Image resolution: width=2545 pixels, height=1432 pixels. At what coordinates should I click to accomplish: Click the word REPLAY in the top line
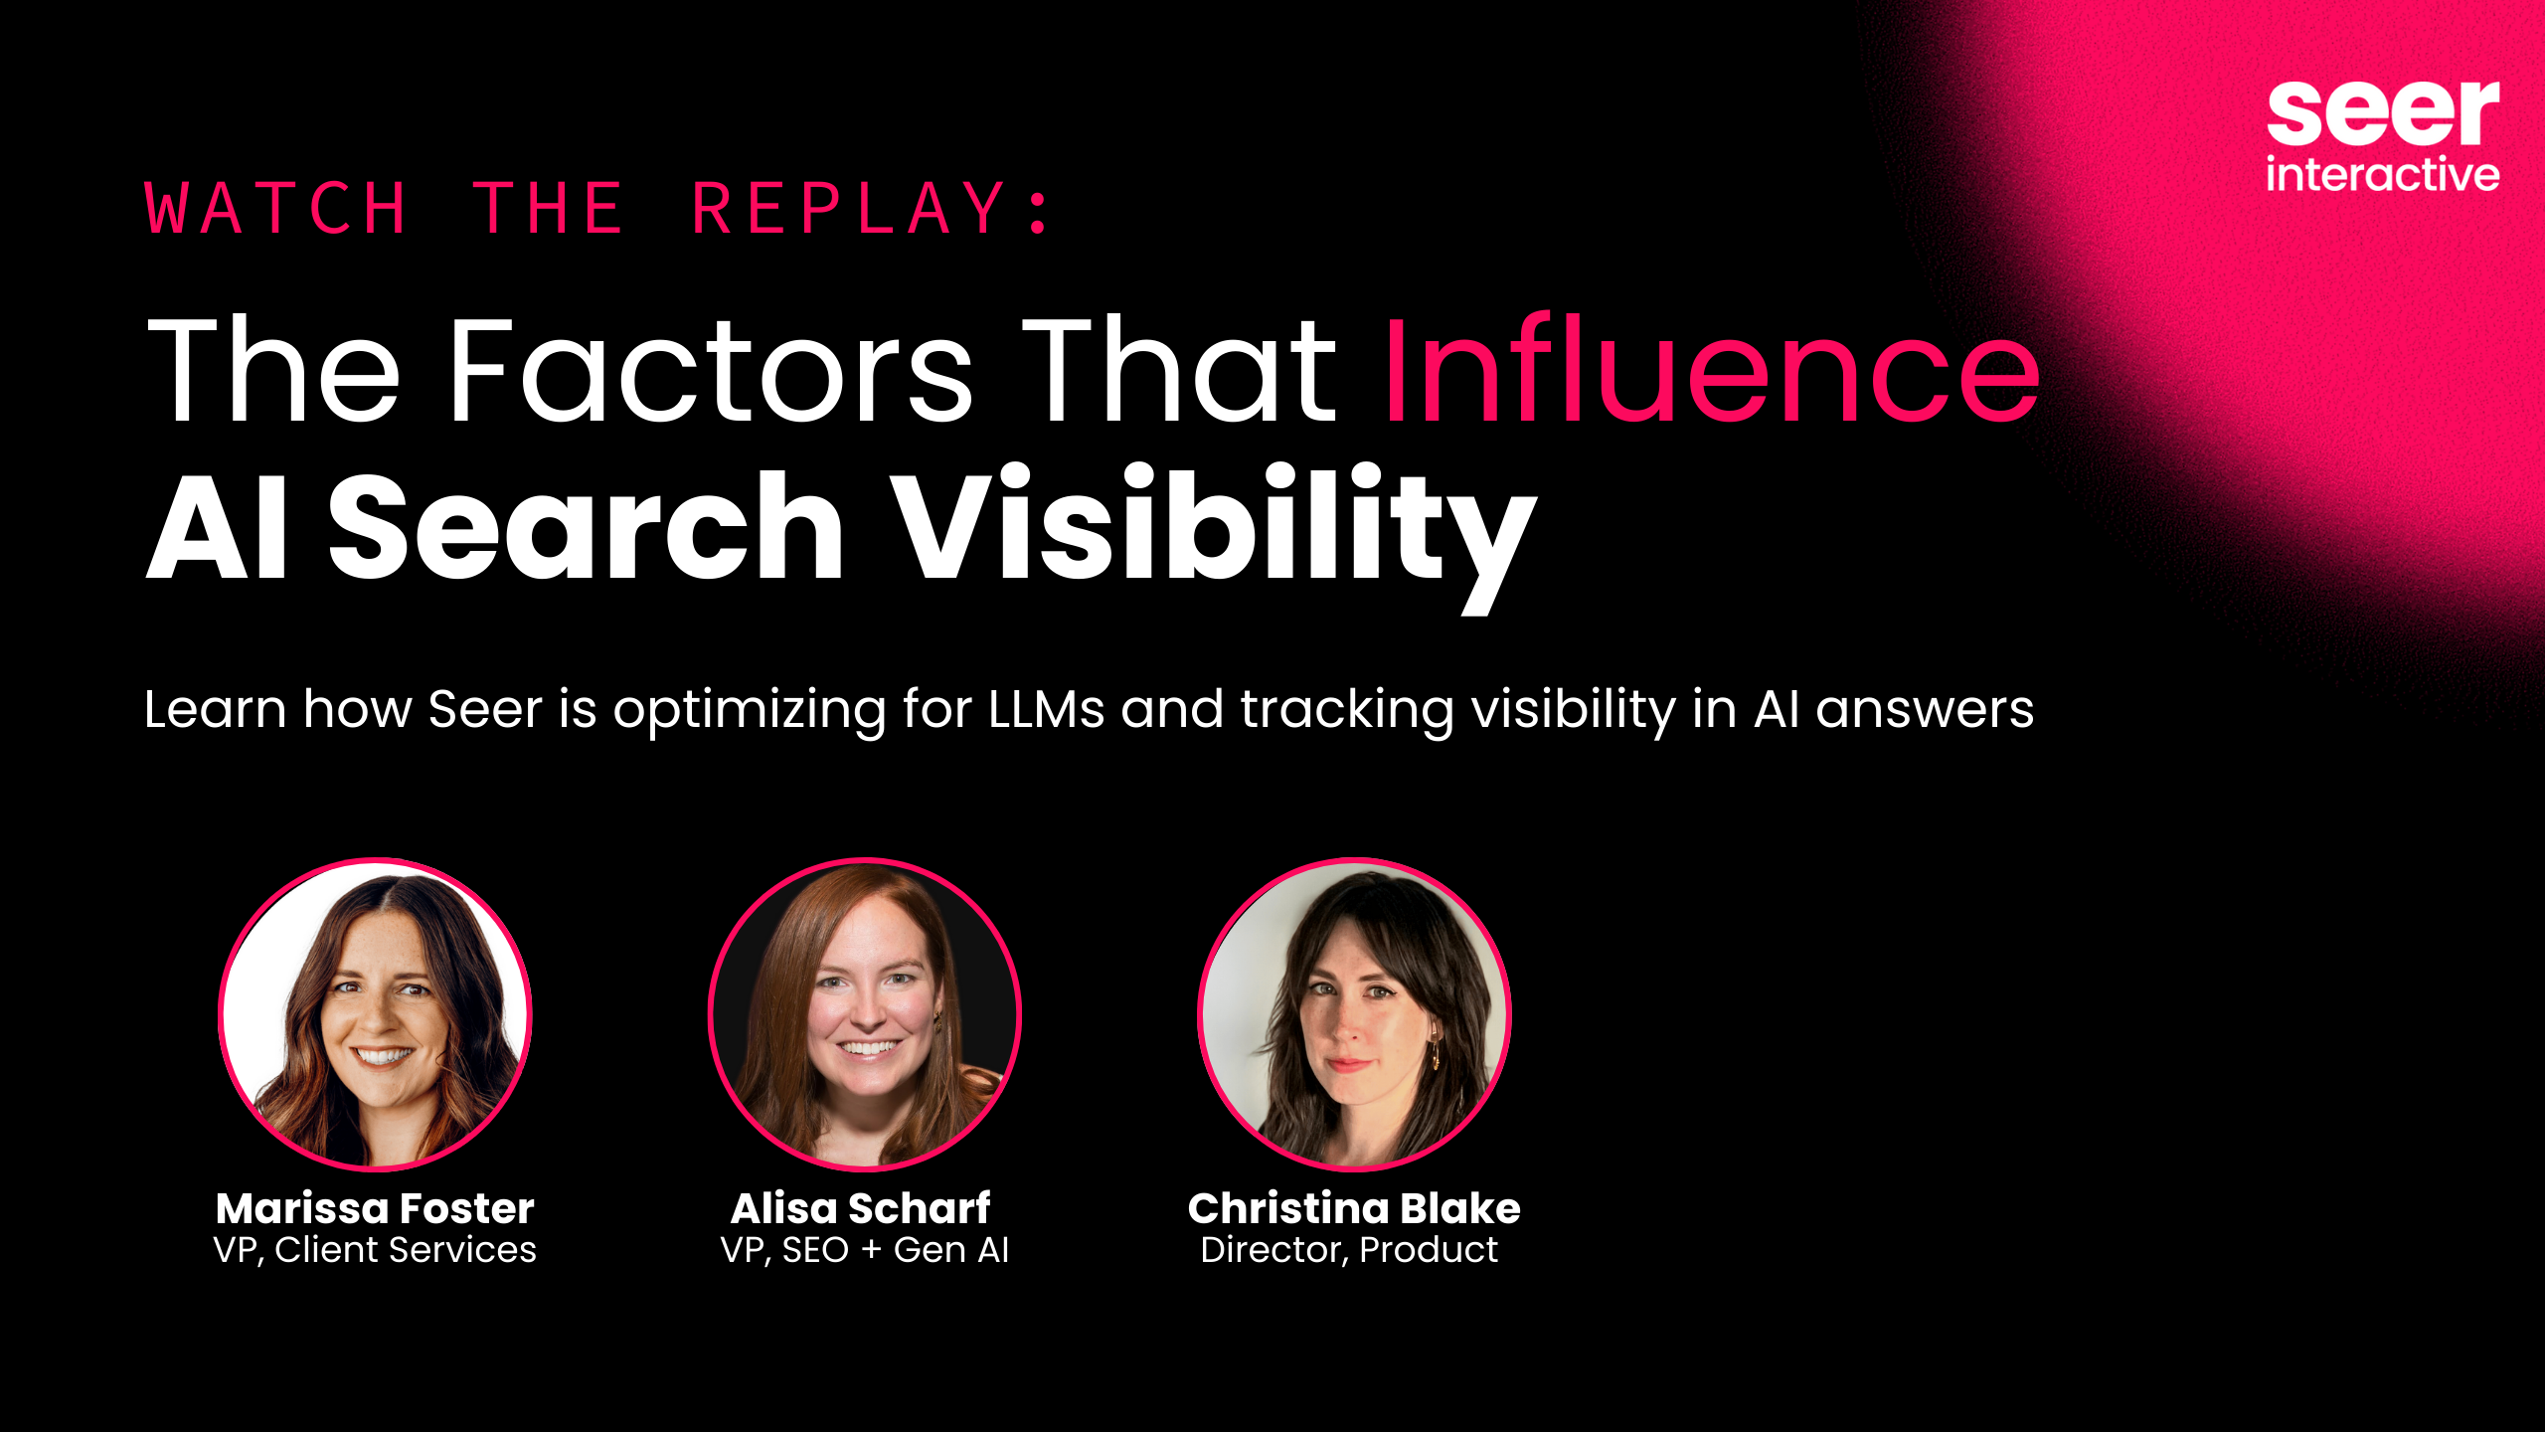pos(850,209)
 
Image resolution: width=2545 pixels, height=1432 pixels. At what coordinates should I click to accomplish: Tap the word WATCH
pos(276,209)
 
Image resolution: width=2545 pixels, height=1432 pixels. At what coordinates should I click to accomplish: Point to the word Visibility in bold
pos(1213,527)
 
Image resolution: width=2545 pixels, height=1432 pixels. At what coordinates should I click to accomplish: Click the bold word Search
pos(587,527)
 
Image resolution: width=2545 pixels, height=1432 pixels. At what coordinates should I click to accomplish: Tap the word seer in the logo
pos(2382,114)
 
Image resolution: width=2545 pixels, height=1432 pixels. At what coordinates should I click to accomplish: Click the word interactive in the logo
pos(2382,175)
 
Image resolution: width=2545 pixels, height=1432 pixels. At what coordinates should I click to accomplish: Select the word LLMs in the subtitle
pos(1046,710)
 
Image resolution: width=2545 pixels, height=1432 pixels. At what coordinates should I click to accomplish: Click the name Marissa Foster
pos(375,1208)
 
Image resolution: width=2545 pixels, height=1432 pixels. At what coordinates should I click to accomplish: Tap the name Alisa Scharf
pos(861,1208)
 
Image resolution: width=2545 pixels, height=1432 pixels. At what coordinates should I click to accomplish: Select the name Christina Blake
pos(1354,1208)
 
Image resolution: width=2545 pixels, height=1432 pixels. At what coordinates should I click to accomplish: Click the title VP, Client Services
pos(375,1250)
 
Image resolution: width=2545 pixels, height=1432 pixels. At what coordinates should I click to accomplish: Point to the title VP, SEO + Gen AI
pos(864,1250)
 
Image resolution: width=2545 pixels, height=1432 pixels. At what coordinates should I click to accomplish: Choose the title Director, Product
pos(1349,1250)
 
